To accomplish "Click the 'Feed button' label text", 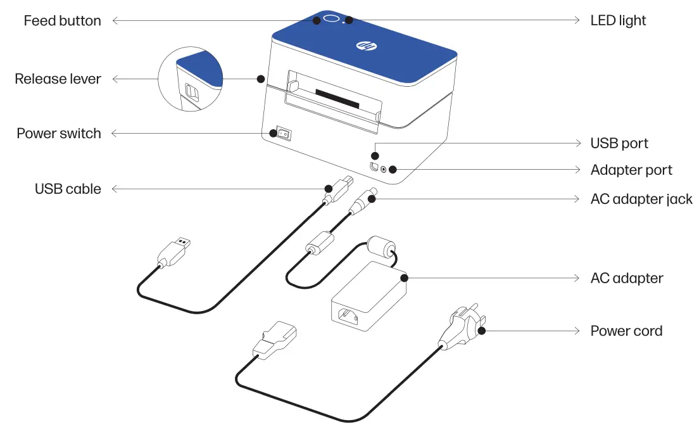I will [x=62, y=21].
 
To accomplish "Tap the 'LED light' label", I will [x=618, y=21].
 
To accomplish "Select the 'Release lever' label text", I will [x=58, y=79].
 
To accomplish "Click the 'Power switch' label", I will [x=58, y=134].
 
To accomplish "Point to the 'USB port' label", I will [x=619, y=144].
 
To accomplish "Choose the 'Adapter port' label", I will [x=631, y=170].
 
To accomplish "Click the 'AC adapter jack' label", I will [x=641, y=199].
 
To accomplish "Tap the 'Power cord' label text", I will [x=626, y=331].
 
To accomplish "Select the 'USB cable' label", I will [x=68, y=189].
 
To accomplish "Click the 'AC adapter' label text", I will [x=626, y=278].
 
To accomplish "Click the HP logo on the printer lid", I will [x=363, y=46].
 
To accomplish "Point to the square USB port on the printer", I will [x=374, y=167].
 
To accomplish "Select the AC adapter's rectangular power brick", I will [x=367, y=298].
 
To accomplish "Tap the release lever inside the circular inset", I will [x=191, y=93].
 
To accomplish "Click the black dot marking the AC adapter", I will [x=403, y=277].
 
